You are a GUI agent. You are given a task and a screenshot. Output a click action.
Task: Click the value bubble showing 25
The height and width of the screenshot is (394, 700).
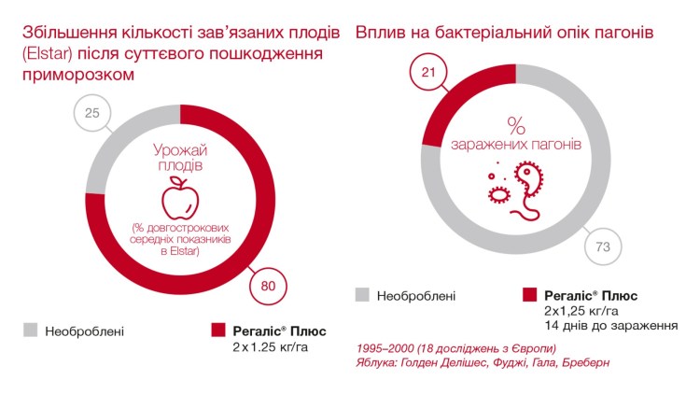[x=92, y=115]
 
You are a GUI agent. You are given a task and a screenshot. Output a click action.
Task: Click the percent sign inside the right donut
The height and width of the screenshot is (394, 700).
[x=516, y=124]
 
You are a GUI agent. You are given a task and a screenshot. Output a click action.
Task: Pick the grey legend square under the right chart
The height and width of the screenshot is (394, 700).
[x=363, y=295]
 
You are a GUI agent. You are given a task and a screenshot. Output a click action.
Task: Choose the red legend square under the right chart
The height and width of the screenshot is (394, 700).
[x=530, y=295]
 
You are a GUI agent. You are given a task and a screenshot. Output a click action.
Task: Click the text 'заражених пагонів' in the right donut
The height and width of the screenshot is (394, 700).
[x=516, y=146]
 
